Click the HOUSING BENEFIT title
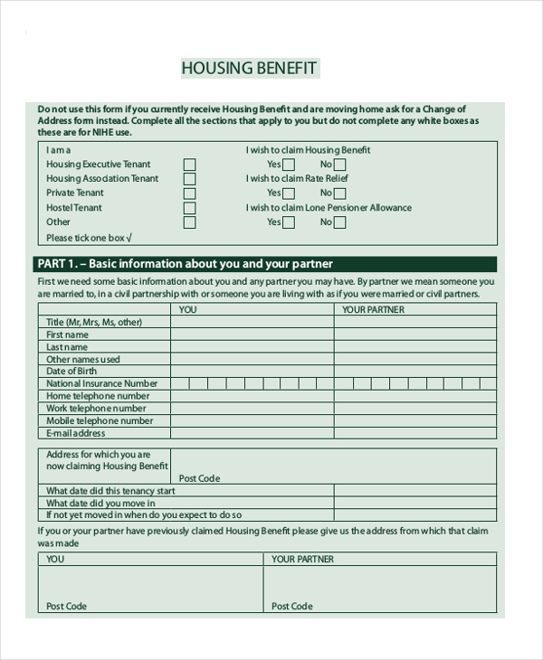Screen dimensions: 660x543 [x=249, y=69]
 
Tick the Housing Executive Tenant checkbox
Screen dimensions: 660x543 [x=189, y=165]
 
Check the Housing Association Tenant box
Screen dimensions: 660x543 [x=189, y=179]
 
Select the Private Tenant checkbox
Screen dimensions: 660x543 [x=189, y=193]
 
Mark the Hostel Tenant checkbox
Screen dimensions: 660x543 [x=189, y=208]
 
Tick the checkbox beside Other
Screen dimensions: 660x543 [x=189, y=222]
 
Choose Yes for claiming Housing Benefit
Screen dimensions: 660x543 [x=289, y=165]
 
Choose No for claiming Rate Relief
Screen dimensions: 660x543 [x=339, y=193]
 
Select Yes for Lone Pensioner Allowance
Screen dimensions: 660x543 [x=289, y=222]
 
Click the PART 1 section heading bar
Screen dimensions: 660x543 [x=267, y=264]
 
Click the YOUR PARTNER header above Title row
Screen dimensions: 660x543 [x=373, y=309]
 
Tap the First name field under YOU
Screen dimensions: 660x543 [x=252, y=335]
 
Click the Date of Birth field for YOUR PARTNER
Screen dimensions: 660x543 [x=415, y=372]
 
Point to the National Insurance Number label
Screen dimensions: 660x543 [x=102, y=383]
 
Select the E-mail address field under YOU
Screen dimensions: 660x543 [x=252, y=433]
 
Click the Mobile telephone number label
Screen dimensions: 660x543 [x=100, y=420]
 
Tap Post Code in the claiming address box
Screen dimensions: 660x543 [x=199, y=478]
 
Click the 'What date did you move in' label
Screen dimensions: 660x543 [x=100, y=504]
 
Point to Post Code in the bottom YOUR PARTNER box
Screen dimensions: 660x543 [x=292, y=606]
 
